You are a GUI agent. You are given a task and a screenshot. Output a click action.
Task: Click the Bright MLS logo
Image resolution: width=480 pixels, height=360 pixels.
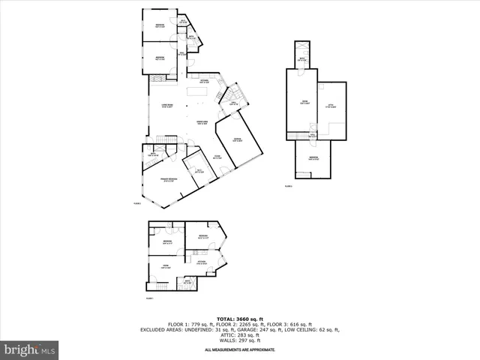coord(30,349)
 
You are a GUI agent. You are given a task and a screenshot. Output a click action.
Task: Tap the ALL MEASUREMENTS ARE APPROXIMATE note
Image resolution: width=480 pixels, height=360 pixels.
coord(240,350)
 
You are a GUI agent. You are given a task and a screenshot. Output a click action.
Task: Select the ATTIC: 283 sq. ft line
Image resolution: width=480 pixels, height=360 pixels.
coord(240,337)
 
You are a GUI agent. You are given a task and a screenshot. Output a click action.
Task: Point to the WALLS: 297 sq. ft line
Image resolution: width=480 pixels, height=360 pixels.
coord(240,343)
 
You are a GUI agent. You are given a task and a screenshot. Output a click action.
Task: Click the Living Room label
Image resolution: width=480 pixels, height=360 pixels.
coord(167,106)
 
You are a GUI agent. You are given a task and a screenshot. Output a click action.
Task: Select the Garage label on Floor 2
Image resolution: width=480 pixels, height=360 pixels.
coord(236,140)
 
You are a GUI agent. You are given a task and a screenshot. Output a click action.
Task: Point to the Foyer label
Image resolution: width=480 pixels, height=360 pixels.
coord(217,157)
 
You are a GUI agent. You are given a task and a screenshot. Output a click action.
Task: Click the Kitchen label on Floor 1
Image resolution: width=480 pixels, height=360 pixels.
coord(202,262)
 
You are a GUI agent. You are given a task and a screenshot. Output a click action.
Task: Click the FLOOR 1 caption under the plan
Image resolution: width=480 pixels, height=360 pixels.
coord(150,298)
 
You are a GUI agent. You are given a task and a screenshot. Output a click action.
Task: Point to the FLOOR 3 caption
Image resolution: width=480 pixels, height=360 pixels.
coord(289,186)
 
